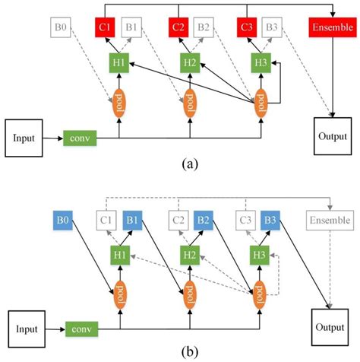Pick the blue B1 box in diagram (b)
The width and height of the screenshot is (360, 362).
[131, 221]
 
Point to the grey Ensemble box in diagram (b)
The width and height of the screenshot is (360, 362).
[331, 221]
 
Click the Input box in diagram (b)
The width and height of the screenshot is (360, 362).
[27, 329]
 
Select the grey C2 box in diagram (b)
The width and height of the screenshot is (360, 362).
[178, 221]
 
